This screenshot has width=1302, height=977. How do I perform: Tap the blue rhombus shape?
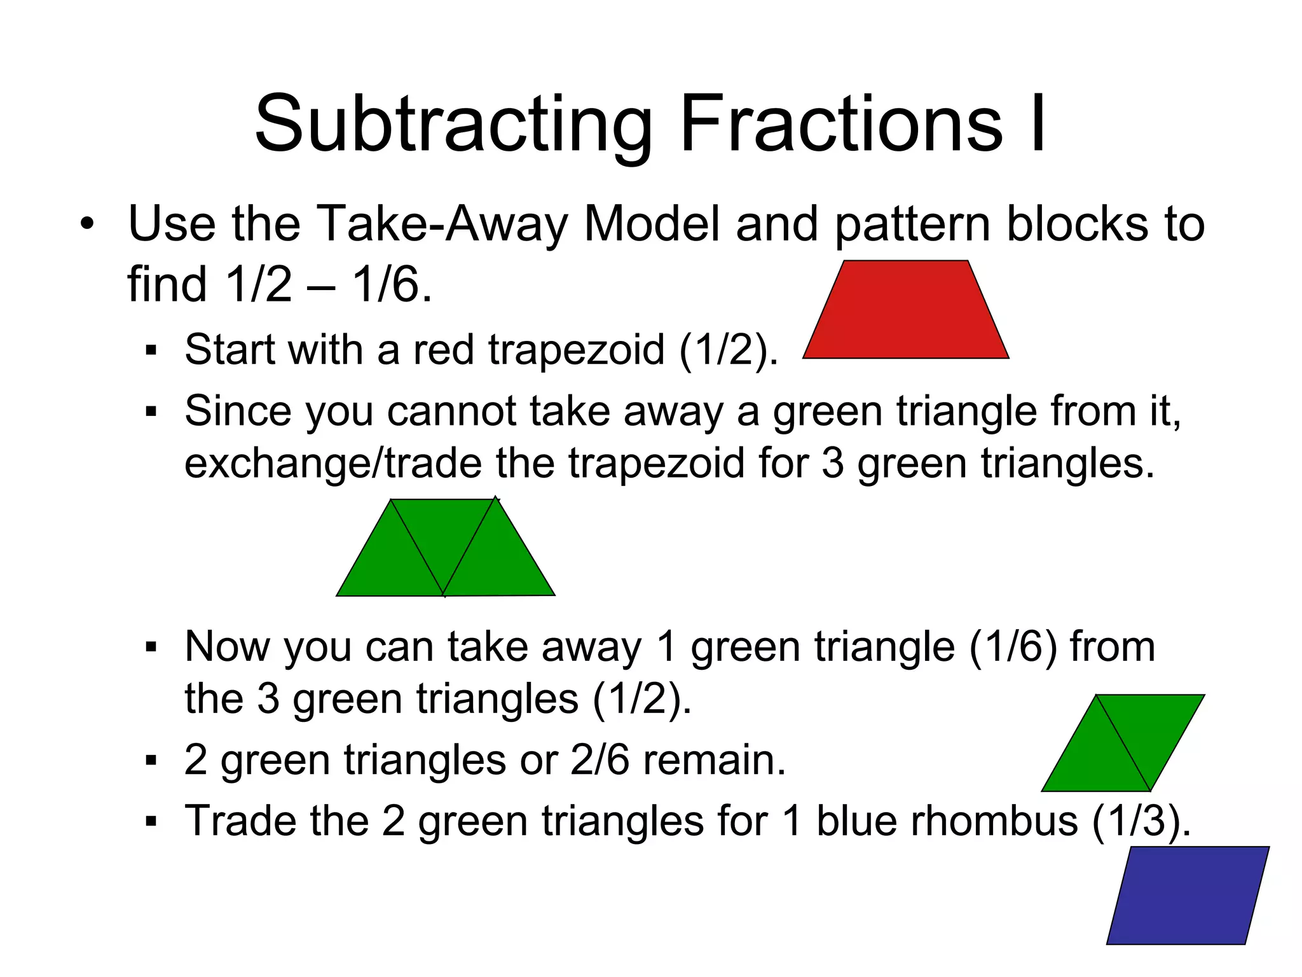[x=1188, y=895]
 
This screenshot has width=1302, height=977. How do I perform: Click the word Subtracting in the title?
[x=453, y=124]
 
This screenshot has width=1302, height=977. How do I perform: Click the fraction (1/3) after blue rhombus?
[x=1141, y=821]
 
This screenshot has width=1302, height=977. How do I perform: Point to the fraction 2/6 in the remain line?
[x=600, y=759]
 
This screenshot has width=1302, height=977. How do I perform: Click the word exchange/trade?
[x=332, y=463]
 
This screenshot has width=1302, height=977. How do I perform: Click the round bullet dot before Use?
[x=87, y=224]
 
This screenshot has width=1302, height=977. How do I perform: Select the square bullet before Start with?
[x=151, y=350]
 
